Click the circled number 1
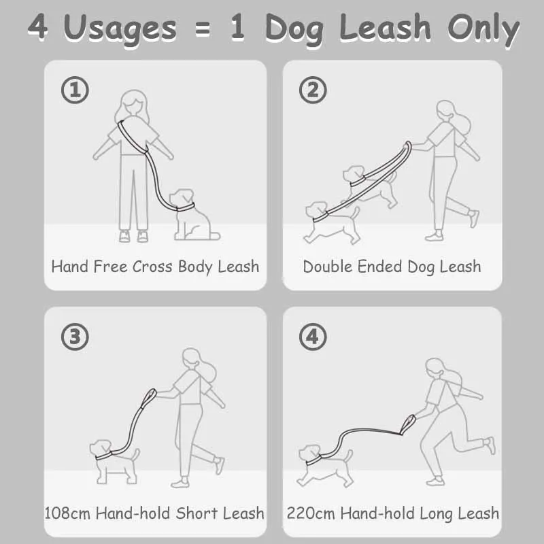click(x=75, y=90)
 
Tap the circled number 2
click(x=313, y=90)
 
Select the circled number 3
click(x=75, y=337)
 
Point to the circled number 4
click(x=313, y=337)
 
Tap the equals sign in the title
click(x=203, y=29)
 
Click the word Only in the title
click(x=483, y=30)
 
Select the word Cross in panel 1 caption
click(x=152, y=267)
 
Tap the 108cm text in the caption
click(x=67, y=513)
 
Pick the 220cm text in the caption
click(x=311, y=513)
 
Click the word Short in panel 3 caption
click(x=197, y=513)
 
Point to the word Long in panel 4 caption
click(x=436, y=514)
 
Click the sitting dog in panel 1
click(x=193, y=215)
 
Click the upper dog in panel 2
click(x=370, y=186)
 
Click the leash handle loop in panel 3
click(x=149, y=398)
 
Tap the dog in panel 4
click(x=325, y=466)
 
